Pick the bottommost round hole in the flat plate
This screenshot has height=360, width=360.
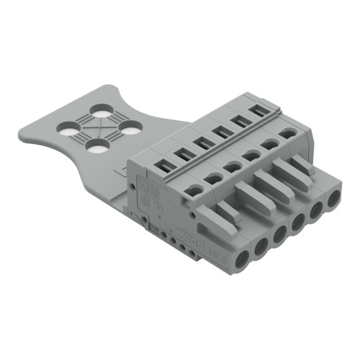click(98, 146)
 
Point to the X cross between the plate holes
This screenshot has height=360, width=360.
click(98, 129)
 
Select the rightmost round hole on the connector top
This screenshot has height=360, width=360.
click(289, 134)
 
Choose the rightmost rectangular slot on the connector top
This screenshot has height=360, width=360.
click(256, 112)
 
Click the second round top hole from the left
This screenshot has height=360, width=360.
click(213, 177)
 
